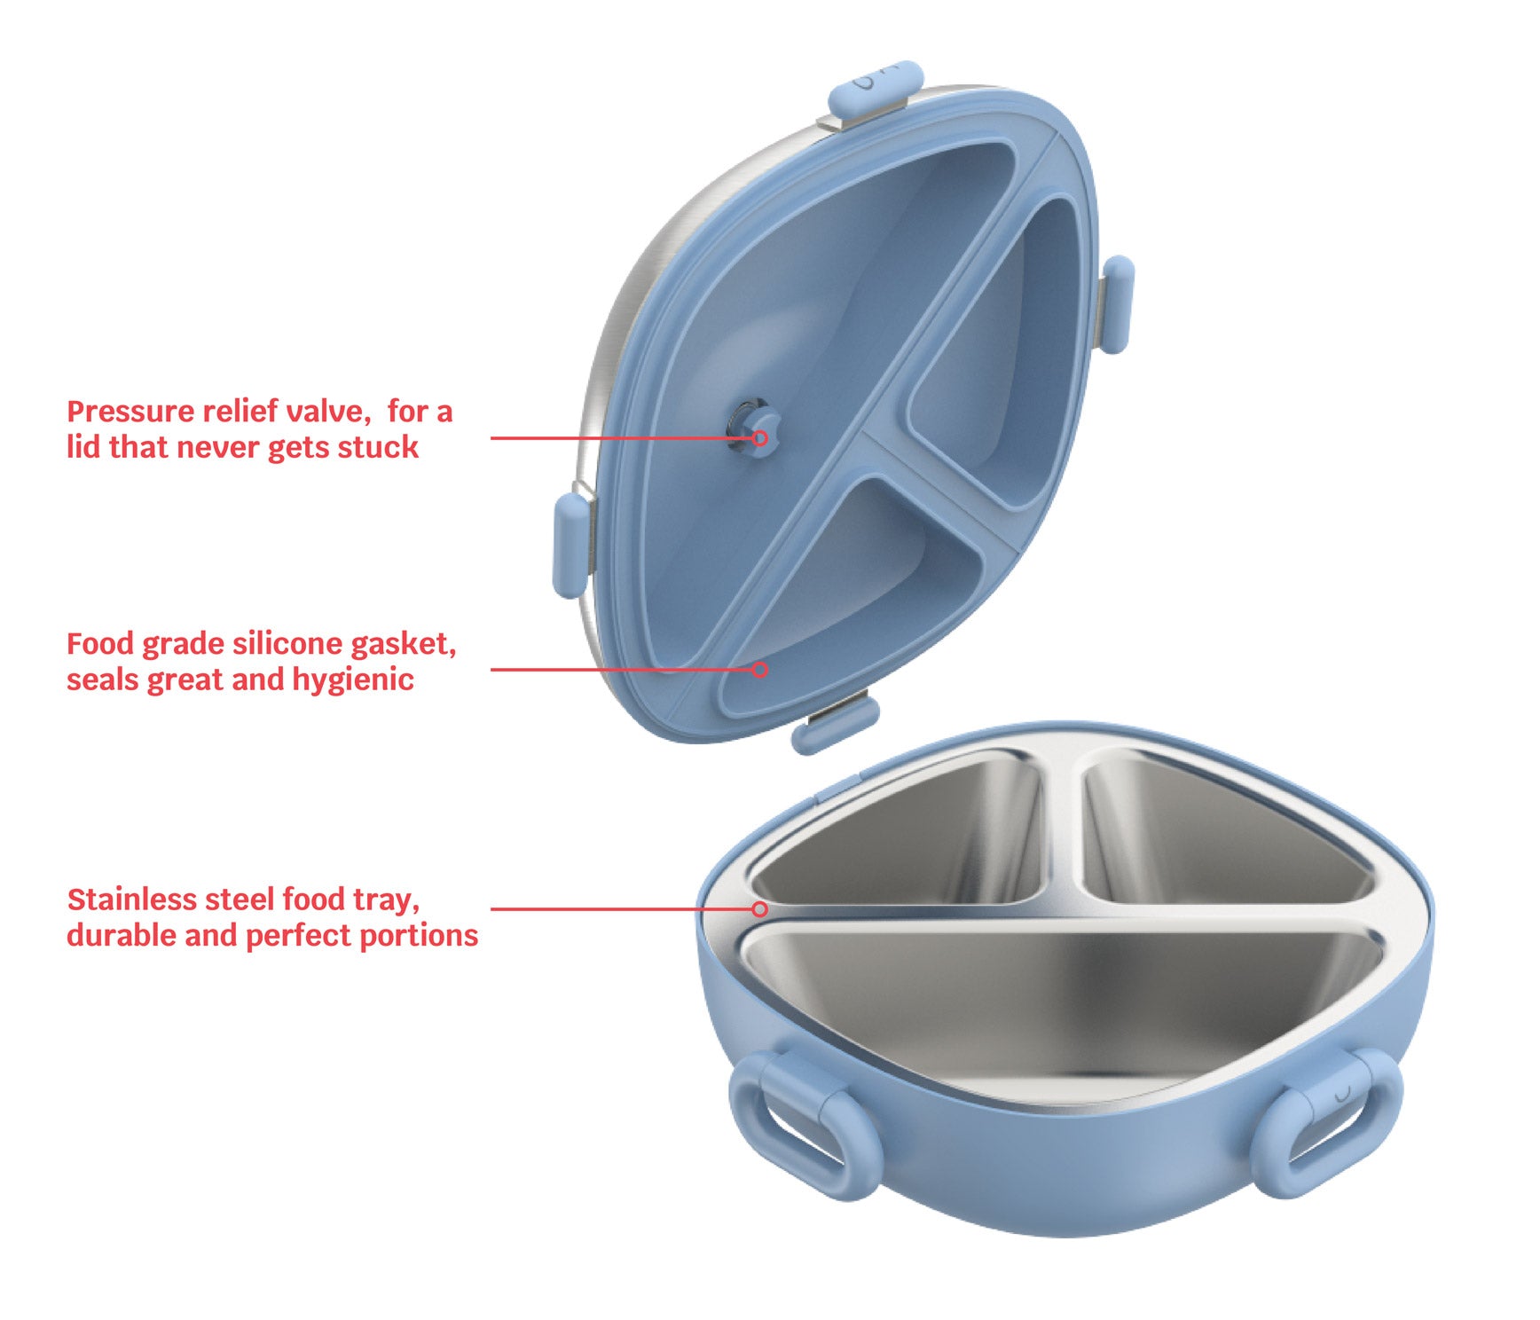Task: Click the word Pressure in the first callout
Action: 130,412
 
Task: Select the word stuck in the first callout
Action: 383,447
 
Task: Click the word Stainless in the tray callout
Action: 131,900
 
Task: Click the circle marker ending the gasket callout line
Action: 759,669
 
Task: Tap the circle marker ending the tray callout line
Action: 759,908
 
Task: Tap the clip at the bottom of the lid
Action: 834,722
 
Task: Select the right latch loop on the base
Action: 1325,1122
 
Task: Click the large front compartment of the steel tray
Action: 1060,1002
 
